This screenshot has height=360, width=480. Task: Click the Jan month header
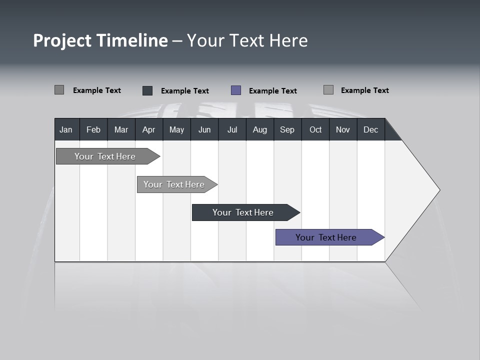[x=66, y=129]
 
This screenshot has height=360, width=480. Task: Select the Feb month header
[x=93, y=129]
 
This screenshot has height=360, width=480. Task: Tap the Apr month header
[x=148, y=129]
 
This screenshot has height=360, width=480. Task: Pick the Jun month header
[x=204, y=129]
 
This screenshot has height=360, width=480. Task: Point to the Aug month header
[x=259, y=129]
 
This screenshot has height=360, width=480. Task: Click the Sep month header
[x=287, y=129]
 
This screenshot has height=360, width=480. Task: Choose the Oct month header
[x=315, y=129]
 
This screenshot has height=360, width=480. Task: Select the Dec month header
[x=370, y=129]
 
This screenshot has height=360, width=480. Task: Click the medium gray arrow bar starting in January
[x=105, y=156]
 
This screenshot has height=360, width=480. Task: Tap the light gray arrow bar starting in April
[x=174, y=184]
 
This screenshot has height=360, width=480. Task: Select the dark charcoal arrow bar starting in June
[x=243, y=212]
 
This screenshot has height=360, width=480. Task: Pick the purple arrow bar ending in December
[x=326, y=237]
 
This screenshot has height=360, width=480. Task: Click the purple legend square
[x=236, y=90]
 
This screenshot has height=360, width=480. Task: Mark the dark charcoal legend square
[x=147, y=90]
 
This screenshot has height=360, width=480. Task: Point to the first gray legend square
[x=59, y=90]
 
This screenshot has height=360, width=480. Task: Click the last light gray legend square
[x=328, y=90]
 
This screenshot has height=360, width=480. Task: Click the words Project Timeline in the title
[x=100, y=40]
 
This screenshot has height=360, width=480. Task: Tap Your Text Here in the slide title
[x=247, y=40]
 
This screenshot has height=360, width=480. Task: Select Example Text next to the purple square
[x=272, y=91]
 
